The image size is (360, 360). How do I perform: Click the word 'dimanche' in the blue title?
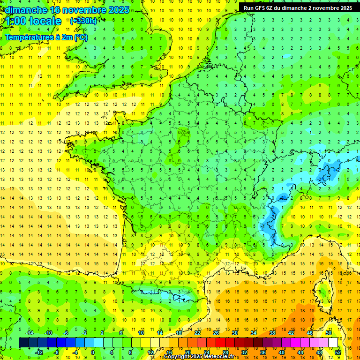point(23,9)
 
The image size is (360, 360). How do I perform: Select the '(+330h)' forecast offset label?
point(83,21)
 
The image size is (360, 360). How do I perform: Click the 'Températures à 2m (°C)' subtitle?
point(46,37)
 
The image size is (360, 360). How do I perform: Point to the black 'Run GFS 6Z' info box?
point(298,7)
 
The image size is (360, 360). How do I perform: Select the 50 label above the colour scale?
point(328,333)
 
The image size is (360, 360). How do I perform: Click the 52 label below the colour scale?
point(338,352)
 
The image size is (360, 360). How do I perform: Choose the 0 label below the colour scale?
point(93,352)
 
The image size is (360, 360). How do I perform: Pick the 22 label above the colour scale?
point(197,333)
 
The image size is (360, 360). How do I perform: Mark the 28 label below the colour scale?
point(225,352)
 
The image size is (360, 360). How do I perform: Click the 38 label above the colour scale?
point(272,333)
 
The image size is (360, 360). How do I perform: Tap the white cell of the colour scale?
point(333,343)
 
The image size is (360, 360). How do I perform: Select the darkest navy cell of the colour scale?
point(23,343)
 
